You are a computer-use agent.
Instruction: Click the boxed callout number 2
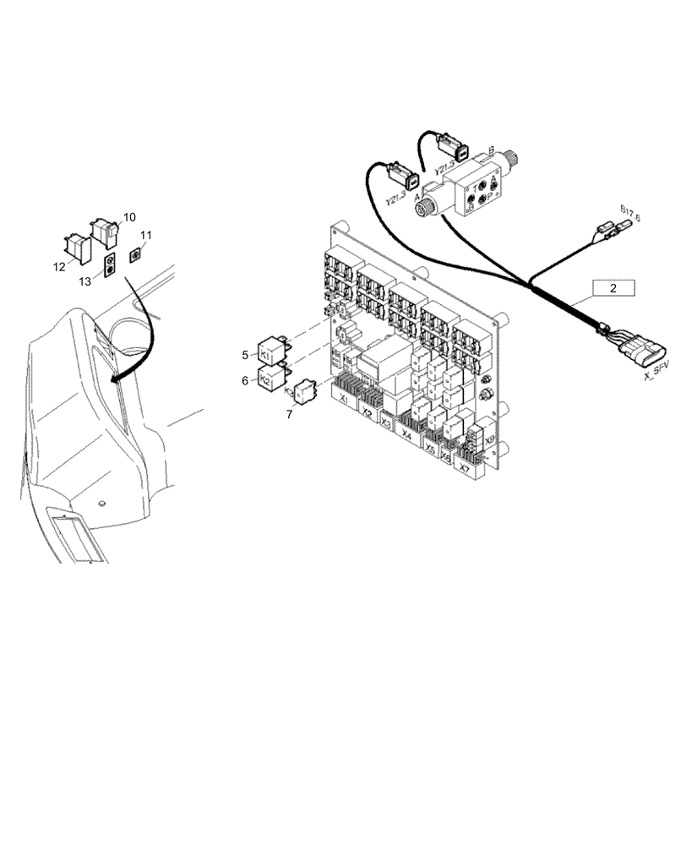point(613,288)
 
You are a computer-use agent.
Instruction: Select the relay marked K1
point(269,354)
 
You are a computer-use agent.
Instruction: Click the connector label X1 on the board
point(343,395)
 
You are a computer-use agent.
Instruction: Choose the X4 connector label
point(407,435)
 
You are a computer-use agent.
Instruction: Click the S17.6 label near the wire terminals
point(629,214)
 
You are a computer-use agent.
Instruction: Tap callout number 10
point(129,217)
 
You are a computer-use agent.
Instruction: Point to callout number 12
point(58,266)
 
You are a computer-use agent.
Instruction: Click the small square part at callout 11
point(133,254)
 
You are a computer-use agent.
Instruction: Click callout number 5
point(245,354)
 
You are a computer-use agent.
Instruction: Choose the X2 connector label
point(367,413)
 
